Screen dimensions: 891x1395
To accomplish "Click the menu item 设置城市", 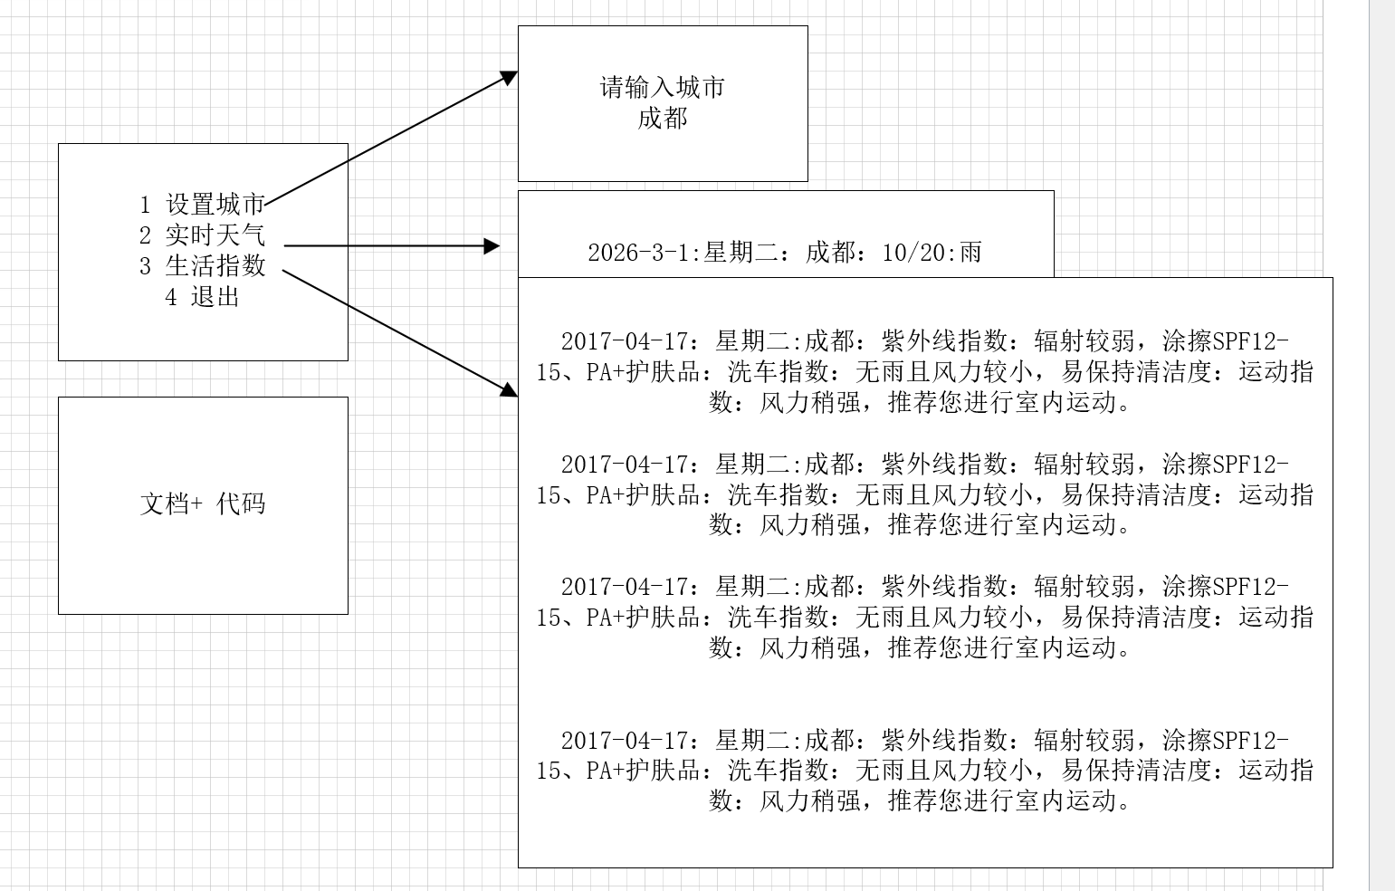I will point(215,205).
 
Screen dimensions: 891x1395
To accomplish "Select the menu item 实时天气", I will point(215,235).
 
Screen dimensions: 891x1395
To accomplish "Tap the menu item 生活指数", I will point(215,265).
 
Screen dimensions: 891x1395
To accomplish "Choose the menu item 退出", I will point(215,296).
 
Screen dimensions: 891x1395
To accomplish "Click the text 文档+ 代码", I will point(203,504).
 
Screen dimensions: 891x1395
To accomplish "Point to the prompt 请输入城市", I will point(663,88).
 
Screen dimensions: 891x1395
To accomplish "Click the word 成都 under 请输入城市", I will point(663,118).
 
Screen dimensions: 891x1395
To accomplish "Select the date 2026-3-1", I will point(639,253).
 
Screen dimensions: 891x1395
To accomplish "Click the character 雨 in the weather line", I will point(970,252).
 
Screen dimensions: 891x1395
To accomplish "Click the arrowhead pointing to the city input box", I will point(511,77).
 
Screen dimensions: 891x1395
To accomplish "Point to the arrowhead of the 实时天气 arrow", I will point(492,245).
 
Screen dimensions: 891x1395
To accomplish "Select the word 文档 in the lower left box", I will point(164,504).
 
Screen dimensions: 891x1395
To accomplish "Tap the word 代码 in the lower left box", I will point(241,504).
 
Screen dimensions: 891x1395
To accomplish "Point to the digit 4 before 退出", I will point(170,297).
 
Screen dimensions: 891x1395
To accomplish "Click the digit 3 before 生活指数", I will point(145,266).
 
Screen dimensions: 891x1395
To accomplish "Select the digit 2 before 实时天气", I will point(145,236).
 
